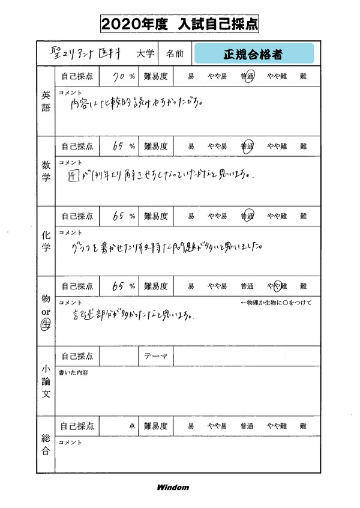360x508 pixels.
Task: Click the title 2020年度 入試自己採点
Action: [180, 25]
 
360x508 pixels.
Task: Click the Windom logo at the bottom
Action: [173, 487]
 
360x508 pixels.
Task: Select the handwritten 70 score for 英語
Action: [122, 76]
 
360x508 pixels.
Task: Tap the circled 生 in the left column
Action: [46, 325]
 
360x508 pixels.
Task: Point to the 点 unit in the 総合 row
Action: [132, 426]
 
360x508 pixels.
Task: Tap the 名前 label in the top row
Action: [175, 54]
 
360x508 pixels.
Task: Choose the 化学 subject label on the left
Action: [46, 241]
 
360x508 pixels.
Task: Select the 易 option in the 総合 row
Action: [191, 426]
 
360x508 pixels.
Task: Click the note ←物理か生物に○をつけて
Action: [275, 303]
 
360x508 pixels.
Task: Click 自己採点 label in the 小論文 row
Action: [77, 356]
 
